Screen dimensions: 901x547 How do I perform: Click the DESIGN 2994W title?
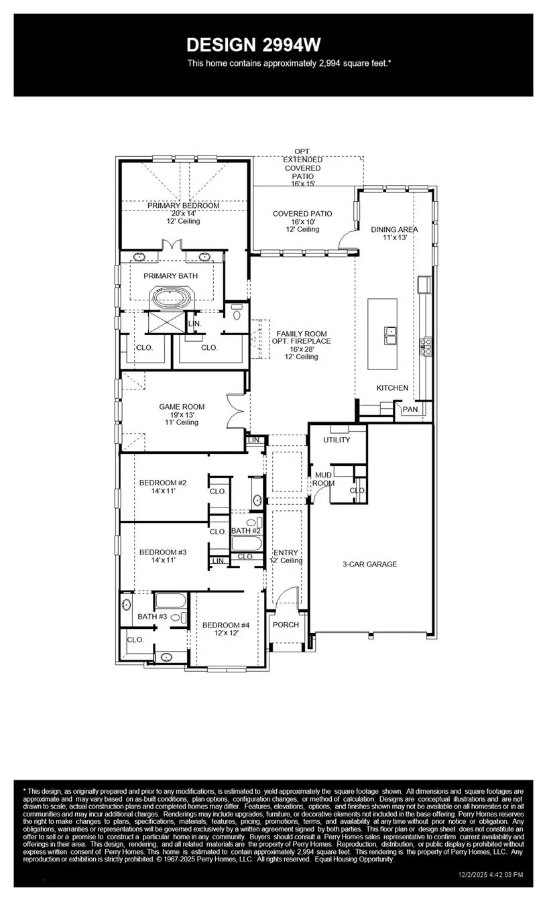pos(253,45)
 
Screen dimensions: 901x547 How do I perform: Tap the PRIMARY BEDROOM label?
pos(184,205)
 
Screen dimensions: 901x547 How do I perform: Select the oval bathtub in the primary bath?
pos(173,298)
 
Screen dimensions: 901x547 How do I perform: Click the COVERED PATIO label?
pos(302,214)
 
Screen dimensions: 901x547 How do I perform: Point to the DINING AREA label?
pos(394,229)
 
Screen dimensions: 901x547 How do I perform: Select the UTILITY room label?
pos(337,440)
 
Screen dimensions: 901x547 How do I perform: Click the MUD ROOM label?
pos(324,479)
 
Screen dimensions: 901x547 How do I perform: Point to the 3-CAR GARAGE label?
pos(369,564)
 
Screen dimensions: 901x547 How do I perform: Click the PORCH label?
pos(285,625)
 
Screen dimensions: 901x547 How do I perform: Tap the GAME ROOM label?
pos(182,407)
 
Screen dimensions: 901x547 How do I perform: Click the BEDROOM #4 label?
pos(226,625)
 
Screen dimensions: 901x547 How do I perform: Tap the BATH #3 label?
pos(152,616)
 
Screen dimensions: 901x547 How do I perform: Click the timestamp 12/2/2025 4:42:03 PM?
pos(491,875)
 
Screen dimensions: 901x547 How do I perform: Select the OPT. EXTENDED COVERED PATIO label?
pos(302,168)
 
